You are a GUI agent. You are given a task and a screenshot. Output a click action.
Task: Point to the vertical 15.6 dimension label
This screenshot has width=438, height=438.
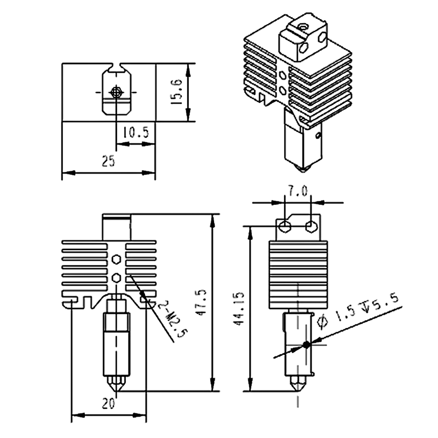176,90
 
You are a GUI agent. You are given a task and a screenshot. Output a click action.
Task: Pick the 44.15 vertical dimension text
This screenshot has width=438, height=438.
239,309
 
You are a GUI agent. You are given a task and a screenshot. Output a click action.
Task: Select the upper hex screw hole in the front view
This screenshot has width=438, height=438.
116,258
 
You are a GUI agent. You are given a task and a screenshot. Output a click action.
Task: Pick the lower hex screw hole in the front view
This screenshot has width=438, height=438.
116,276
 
